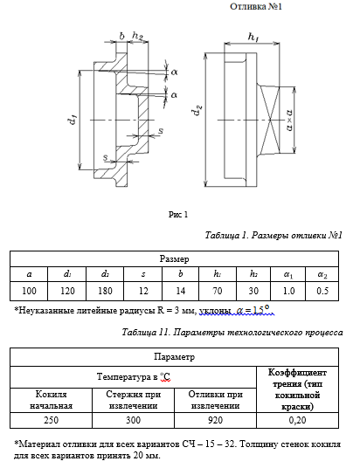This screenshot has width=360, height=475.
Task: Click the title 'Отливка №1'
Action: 256,6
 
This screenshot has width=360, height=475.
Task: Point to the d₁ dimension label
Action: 73,120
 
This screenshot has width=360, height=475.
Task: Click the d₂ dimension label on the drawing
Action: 197,110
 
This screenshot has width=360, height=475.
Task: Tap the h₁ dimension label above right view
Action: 253,37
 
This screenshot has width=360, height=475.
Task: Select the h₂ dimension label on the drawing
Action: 137,36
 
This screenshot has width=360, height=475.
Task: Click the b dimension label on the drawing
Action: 121,36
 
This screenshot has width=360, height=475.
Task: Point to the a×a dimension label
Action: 289,120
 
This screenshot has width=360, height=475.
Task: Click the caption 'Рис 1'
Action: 178,215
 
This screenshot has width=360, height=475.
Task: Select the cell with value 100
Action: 29,291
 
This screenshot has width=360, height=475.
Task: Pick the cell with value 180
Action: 105,291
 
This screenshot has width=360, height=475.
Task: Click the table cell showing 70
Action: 218,291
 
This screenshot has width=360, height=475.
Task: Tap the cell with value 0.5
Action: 322,291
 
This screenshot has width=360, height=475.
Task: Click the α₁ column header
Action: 288,274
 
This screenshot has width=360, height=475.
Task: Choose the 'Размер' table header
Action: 174,259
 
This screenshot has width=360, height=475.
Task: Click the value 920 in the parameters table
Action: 216,420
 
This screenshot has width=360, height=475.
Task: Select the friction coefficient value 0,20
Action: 298,420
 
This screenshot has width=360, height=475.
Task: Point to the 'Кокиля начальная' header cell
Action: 51,400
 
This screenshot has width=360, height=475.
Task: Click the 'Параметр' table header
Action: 174,357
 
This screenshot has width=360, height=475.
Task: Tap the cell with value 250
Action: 51,420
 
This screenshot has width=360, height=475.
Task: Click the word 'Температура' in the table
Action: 123,377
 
